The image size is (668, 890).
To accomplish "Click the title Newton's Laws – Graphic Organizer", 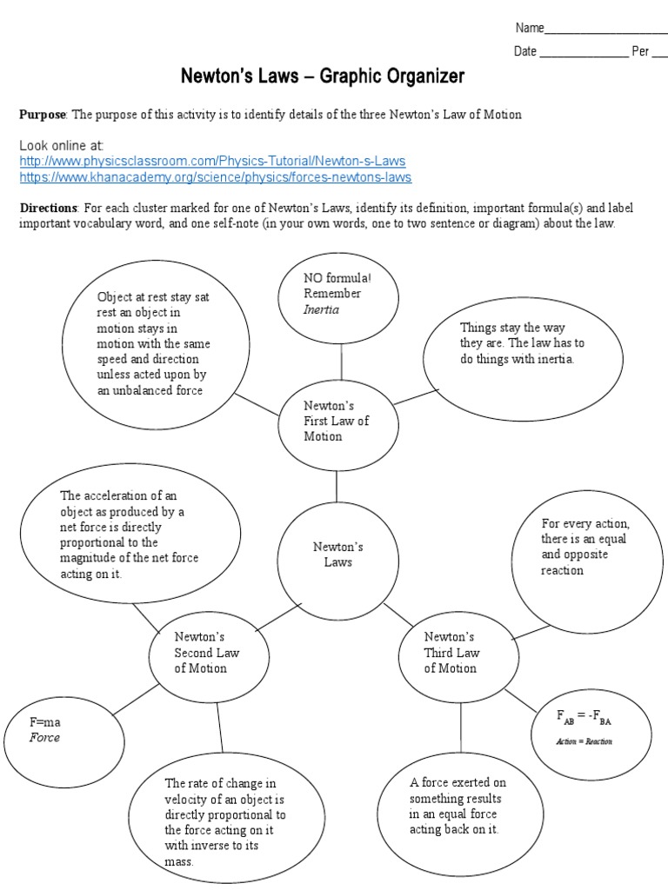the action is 323,76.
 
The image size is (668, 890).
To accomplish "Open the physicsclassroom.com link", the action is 212,162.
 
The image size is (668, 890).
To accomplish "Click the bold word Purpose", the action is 43,116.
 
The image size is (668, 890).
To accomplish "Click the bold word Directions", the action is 49,208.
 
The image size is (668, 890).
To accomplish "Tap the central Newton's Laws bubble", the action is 337,555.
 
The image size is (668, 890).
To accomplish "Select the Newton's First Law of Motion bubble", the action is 336,421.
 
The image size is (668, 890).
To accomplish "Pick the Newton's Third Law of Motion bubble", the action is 451,653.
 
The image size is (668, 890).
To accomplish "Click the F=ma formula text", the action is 45,722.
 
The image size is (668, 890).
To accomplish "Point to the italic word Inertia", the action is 321,309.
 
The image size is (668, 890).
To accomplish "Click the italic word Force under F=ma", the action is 44,738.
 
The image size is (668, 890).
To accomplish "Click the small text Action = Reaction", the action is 584,741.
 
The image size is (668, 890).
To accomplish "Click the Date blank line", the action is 584,52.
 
